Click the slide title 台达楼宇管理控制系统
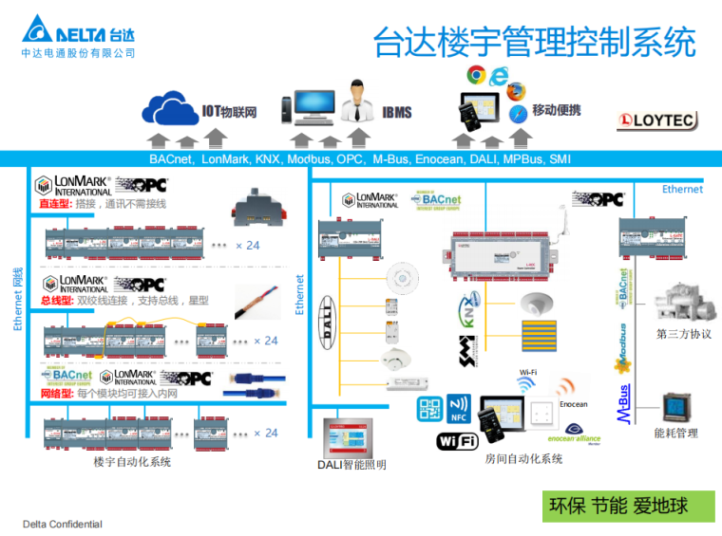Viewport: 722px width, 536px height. (x=534, y=42)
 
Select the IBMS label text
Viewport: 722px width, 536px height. (x=397, y=113)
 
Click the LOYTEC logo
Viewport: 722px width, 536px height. (x=657, y=120)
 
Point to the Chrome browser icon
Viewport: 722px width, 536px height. (x=476, y=73)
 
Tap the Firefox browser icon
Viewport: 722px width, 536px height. (x=516, y=91)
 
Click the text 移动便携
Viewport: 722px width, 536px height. (x=557, y=110)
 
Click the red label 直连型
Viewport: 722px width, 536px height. (x=55, y=204)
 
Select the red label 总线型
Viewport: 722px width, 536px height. (x=55, y=301)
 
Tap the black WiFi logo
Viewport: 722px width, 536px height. (x=457, y=441)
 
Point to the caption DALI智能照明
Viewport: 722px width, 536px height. (x=352, y=465)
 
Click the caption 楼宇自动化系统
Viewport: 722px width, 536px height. (x=132, y=462)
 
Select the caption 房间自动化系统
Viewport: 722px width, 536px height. (x=523, y=459)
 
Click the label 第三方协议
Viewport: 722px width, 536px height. (x=684, y=334)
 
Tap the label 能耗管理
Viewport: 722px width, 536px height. (x=676, y=434)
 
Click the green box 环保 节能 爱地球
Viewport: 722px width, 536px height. (x=618, y=506)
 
